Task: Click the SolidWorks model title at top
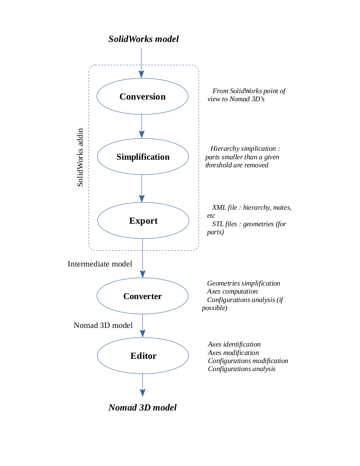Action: (144, 39)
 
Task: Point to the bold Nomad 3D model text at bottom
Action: (143, 408)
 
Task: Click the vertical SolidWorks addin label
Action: (80, 157)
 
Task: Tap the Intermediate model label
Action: (100, 264)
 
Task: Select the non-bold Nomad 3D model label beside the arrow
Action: (103, 325)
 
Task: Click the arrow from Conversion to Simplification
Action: (142, 126)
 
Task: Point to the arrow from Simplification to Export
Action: (142, 189)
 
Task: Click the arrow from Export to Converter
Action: (143, 258)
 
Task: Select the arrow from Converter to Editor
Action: (143, 326)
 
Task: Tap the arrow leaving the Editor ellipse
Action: (143, 385)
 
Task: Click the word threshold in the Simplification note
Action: (219, 165)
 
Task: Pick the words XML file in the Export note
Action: (224, 208)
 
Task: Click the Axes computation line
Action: (232, 291)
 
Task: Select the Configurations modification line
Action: (248, 361)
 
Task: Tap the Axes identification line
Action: (234, 344)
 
